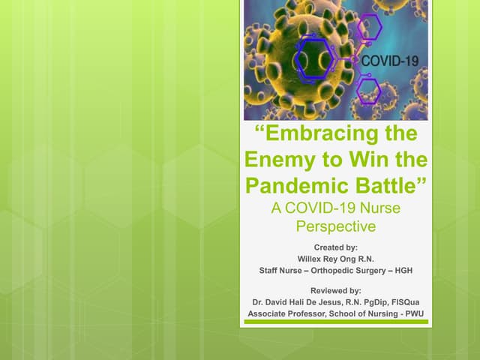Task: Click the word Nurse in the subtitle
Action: (x=374, y=208)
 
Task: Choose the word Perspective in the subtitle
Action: (x=335, y=225)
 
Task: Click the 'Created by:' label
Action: (x=335, y=246)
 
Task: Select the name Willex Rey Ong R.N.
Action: (x=335, y=259)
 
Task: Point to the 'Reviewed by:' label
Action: (x=335, y=289)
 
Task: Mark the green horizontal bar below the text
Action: (x=335, y=322)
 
